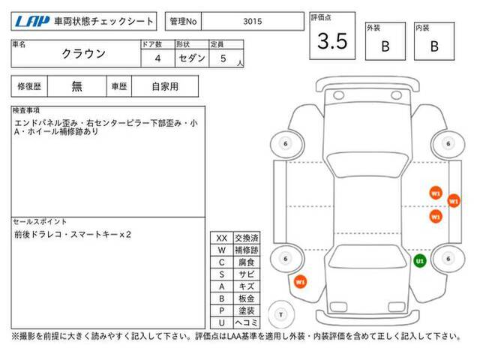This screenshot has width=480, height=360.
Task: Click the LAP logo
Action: [32, 22]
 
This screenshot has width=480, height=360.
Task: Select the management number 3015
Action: [253, 22]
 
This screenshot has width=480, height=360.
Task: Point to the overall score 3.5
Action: [332, 41]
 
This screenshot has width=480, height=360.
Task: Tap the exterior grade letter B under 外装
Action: [385, 46]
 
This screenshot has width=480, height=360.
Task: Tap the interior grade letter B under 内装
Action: [434, 46]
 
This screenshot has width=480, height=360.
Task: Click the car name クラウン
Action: [83, 54]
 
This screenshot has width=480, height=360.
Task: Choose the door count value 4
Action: [157, 58]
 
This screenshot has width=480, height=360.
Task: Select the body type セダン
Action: [192, 58]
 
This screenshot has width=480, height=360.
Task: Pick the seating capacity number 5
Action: [223, 58]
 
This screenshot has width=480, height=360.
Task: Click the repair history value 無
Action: [76, 86]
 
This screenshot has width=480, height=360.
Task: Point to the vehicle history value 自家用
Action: [165, 87]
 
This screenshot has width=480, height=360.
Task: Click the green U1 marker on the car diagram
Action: [420, 261]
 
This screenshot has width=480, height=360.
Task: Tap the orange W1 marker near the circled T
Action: [300, 282]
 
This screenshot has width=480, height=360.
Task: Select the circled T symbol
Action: [281, 314]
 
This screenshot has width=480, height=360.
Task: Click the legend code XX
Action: [222, 238]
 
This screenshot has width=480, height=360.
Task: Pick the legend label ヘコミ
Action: [247, 322]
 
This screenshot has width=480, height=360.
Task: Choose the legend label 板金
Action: [247, 298]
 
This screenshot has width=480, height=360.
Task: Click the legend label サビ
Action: [247, 274]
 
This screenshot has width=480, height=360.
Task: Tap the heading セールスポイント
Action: [40, 221]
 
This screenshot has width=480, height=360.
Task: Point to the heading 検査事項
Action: [26, 110]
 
